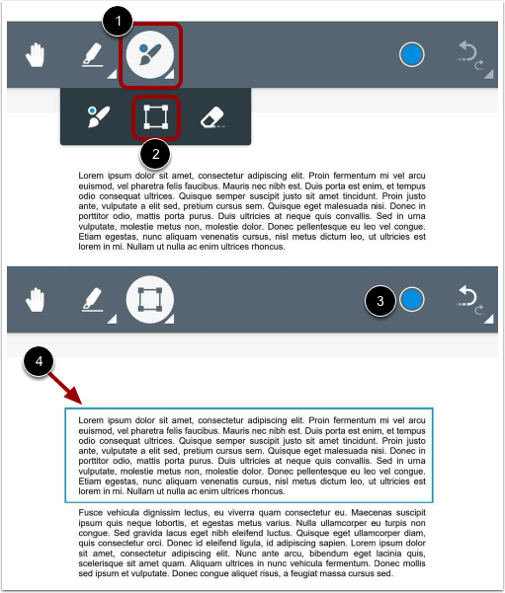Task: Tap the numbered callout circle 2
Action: pyautogui.click(x=154, y=152)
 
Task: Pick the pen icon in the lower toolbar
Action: pyautogui.click(x=92, y=299)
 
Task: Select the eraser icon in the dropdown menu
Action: pyautogui.click(x=212, y=117)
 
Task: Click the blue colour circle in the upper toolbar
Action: pyautogui.click(x=412, y=55)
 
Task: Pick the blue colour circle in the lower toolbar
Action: pyautogui.click(x=412, y=298)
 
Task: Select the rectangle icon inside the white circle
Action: pyautogui.click(x=150, y=299)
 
